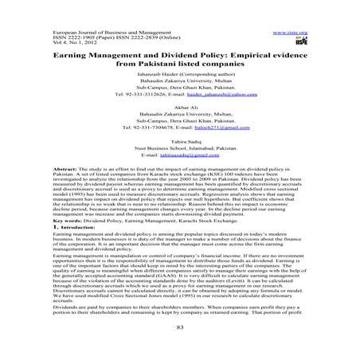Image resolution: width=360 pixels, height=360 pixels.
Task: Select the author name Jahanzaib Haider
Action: [x=159, y=82]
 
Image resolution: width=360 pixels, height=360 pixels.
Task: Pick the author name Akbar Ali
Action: [x=180, y=116]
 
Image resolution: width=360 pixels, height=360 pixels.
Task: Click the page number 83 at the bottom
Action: [x=180, y=348]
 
